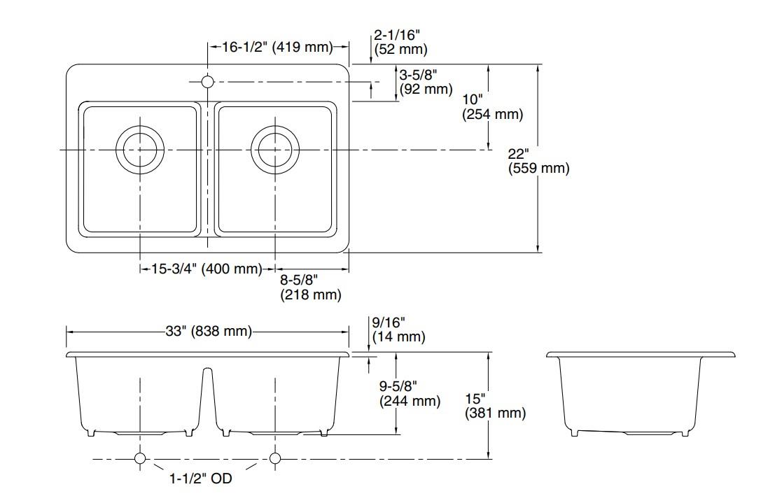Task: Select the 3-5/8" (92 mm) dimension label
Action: tap(426, 82)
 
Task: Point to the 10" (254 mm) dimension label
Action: tap(492, 107)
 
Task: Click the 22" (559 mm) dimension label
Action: tap(538, 161)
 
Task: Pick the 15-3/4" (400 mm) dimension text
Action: tap(207, 269)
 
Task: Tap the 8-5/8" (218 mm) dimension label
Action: tap(311, 288)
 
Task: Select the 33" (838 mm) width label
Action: tap(209, 330)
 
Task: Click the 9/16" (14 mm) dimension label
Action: tap(398, 330)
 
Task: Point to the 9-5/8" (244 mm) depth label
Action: tap(410, 393)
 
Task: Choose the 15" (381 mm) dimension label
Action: tap(495, 406)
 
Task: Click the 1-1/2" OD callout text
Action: tap(201, 479)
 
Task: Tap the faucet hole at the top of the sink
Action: tap(208, 82)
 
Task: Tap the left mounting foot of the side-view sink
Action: tap(574, 432)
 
